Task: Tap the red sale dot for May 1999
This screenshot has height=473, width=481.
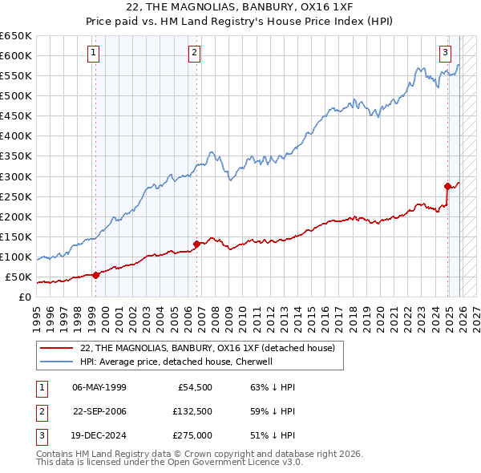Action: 95,275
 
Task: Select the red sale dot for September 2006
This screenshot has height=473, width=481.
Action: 196,244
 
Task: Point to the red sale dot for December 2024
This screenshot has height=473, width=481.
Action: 447,186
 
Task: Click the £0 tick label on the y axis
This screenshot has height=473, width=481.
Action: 24,297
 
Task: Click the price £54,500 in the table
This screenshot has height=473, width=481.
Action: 193,386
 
